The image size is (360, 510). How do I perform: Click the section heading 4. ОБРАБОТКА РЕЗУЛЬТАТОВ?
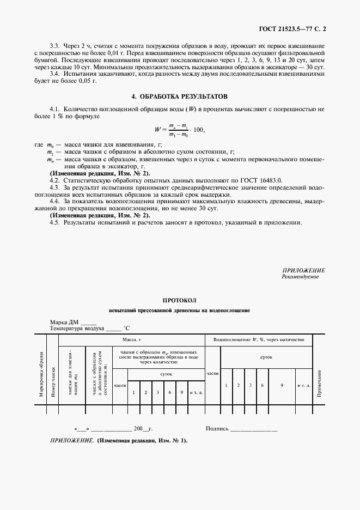[x=179, y=96]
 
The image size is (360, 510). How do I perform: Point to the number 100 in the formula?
[x=198, y=130]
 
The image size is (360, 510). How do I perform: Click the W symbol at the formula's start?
[x=158, y=130]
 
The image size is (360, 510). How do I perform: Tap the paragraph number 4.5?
[x=54, y=223]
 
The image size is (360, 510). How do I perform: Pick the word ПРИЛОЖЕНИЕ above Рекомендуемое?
[x=303, y=271]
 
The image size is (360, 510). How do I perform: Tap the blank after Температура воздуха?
[x=113, y=329]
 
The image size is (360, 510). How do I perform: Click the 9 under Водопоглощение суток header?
[x=281, y=385]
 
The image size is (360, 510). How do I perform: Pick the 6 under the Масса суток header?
[x=170, y=392]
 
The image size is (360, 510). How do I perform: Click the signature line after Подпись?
[x=254, y=429]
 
